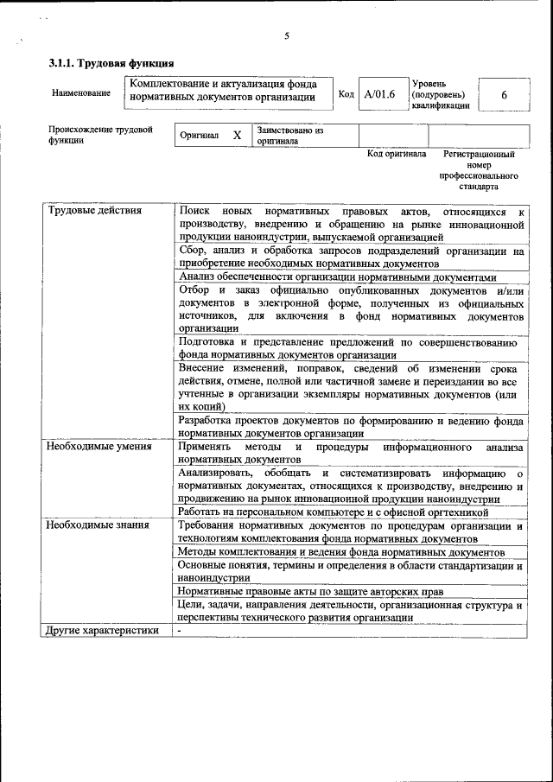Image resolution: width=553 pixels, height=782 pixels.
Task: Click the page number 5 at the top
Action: pos(286,35)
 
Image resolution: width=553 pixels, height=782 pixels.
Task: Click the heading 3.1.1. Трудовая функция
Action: pos(111,63)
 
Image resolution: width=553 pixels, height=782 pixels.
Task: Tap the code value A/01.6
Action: pos(379,94)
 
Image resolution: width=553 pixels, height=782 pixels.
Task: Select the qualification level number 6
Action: pos(504,95)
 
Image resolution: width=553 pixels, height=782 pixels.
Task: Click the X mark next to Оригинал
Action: pos(237,137)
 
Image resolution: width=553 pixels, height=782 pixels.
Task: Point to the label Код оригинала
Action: pos(397,154)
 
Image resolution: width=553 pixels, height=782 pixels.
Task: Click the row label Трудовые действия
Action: pos(95,210)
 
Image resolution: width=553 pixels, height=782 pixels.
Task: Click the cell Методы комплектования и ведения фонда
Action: pos(341,551)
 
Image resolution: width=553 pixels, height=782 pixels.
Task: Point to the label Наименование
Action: pos(81,92)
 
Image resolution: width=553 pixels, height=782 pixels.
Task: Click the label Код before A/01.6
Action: pos(346,94)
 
